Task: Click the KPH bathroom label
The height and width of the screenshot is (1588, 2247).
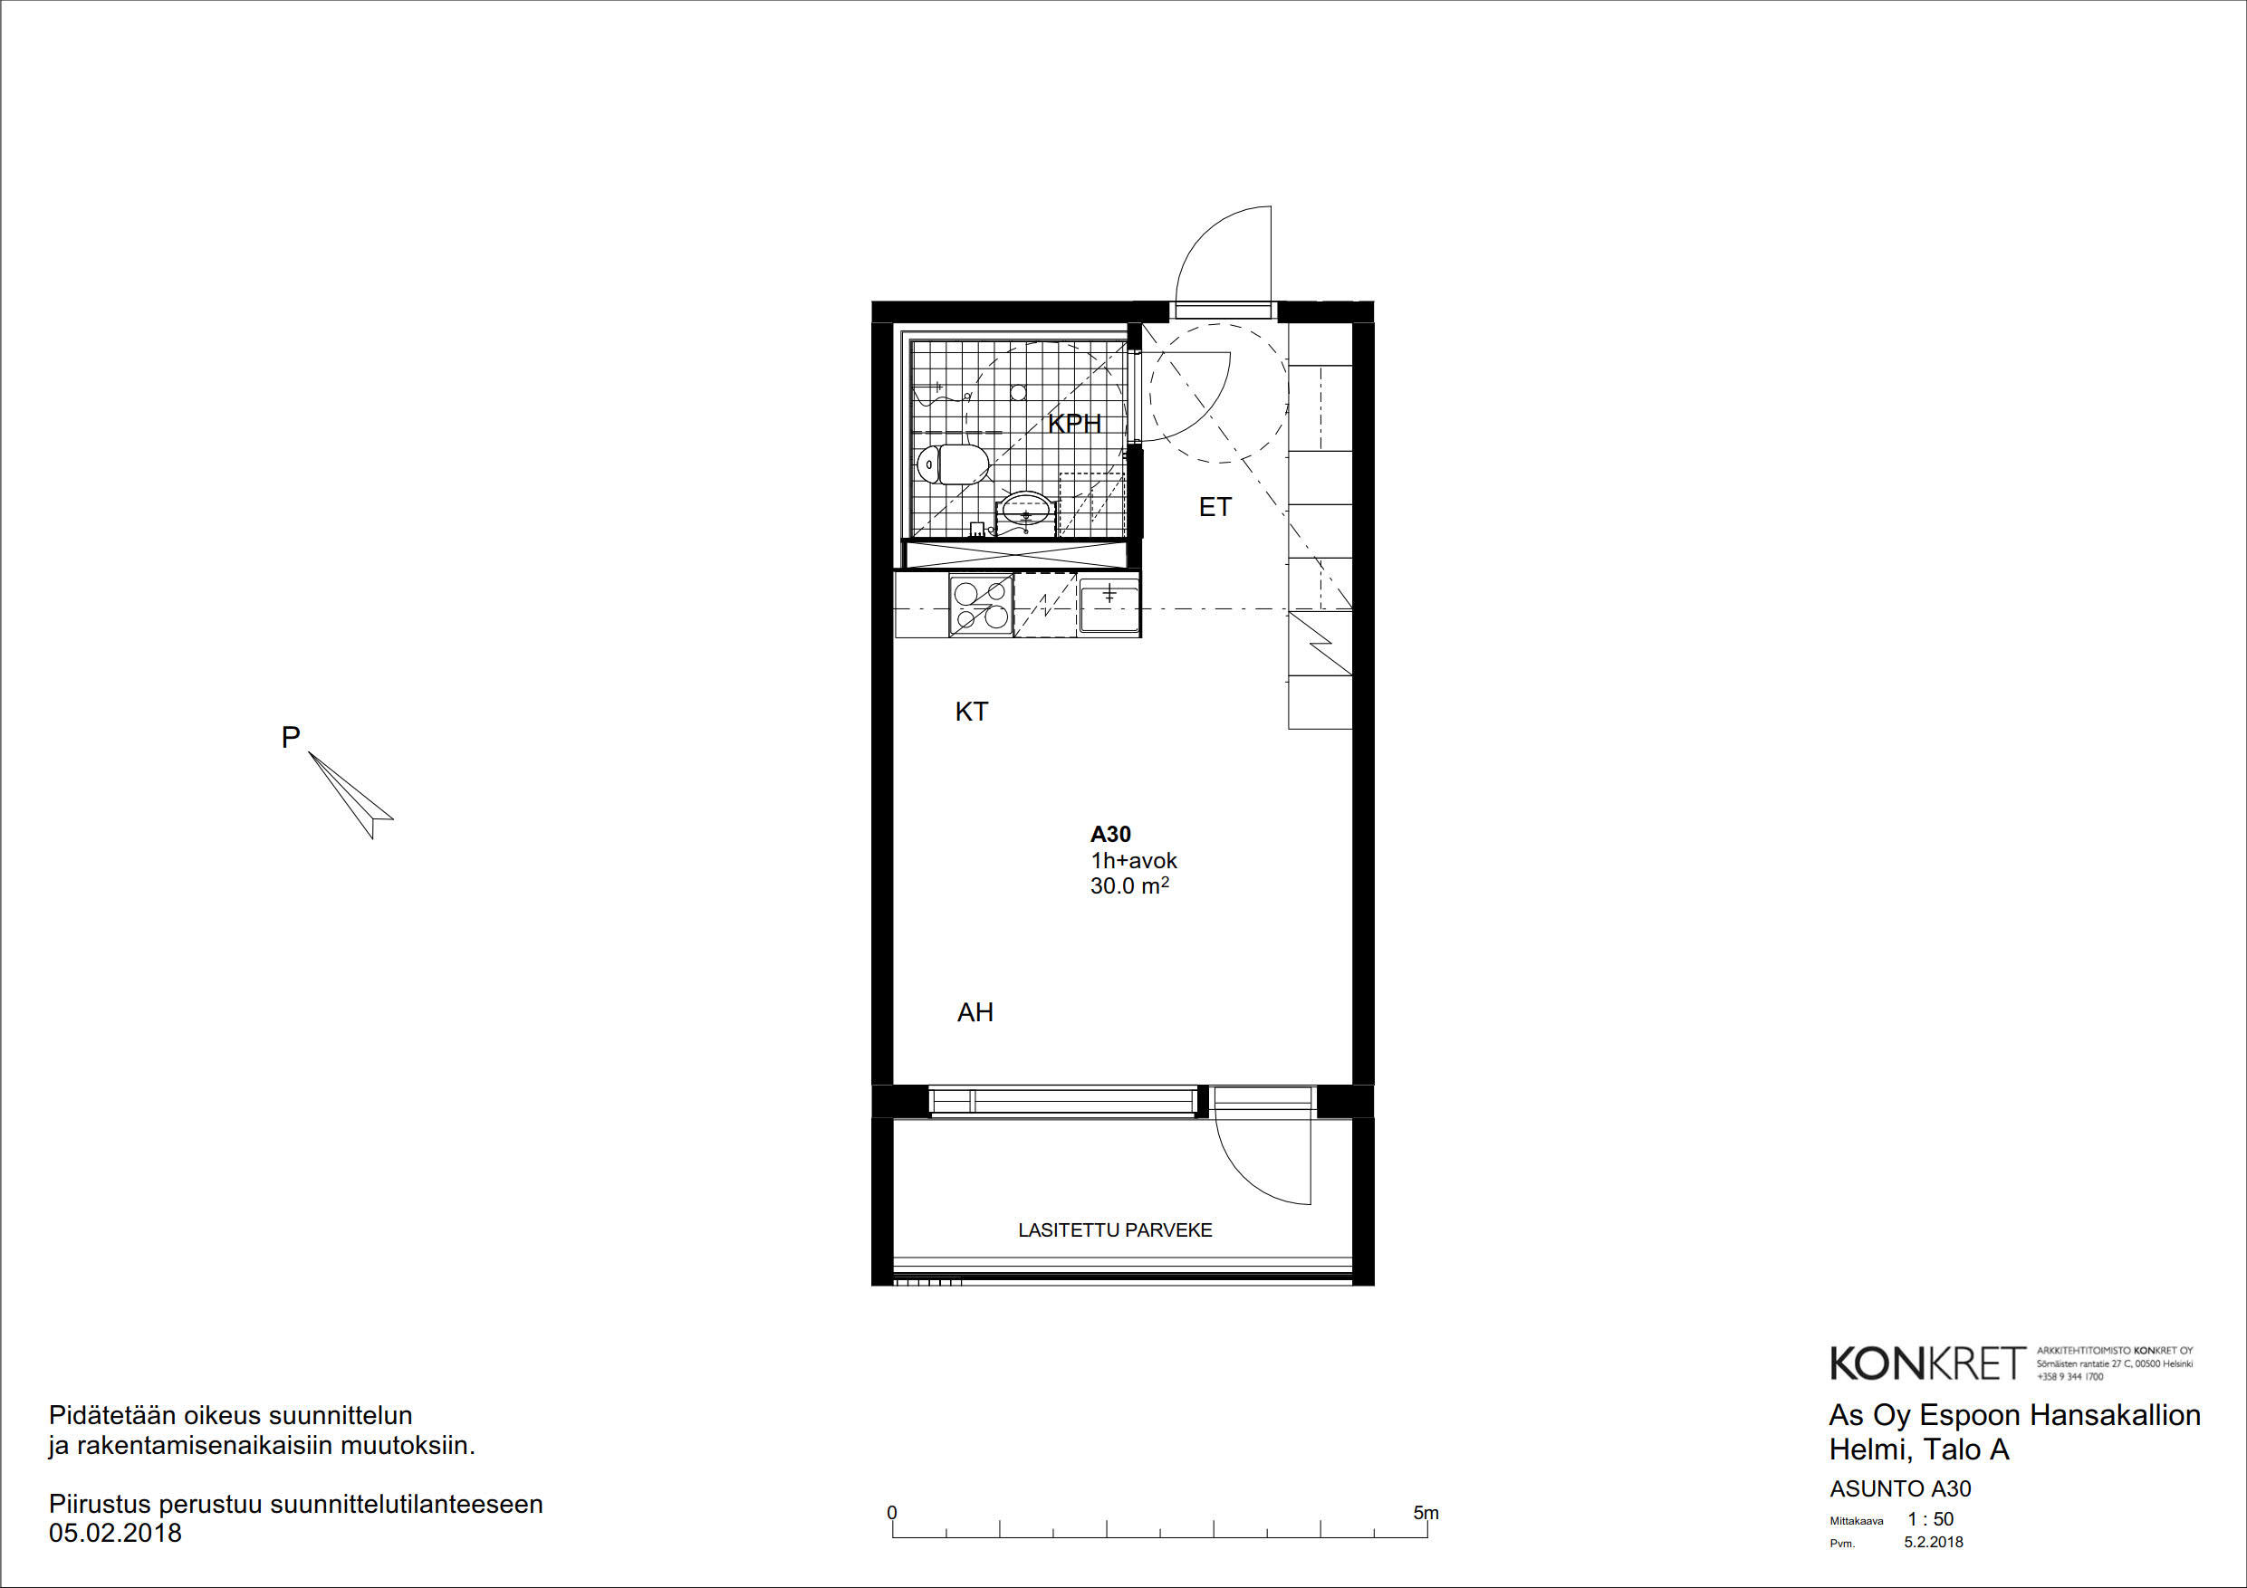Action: pyautogui.click(x=1074, y=424)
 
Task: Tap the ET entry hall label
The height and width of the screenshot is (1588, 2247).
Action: pyautogui.click(x=1215, y=507)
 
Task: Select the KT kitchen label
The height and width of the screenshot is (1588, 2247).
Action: pyautogui.click(x=972, y=712)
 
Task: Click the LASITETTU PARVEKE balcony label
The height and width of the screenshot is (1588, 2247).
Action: pyautogui.click(x=1115, y=1229)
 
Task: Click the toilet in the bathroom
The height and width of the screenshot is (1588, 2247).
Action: pyautogui.click(x=951, y=464)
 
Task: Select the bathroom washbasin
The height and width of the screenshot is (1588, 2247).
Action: pyautogui.click(x=1024, y=512)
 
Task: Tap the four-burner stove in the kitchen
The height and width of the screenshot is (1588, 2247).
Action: pyautogui.click(x=982, y=606)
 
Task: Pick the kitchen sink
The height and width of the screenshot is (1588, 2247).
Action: pyautogui.click(x=1109, y=606)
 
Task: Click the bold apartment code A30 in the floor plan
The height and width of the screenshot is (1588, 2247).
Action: pyautogui.click(x=1110, y=835)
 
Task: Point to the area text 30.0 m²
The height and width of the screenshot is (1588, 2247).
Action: pyautogui.click(x=1129, y=885)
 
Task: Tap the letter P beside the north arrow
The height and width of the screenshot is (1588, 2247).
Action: pyautogui.click(x=291, y=737)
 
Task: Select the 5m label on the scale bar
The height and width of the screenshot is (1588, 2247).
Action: pyautogui.click(x=1426, y=1513)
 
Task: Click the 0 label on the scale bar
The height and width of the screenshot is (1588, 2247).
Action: pyautogui.click(x=891, y=1513)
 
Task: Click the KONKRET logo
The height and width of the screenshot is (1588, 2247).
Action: pyautogui.click(x=1927, y=1363)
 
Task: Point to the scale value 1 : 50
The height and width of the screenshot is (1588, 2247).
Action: pyautogui.click(x=1931, y=1519)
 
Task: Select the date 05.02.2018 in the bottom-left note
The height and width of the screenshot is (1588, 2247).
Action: pyautogui.click(x=116, y=1532)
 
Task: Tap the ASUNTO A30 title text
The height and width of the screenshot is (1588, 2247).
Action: pyautogui.click(x=1900, y=1489)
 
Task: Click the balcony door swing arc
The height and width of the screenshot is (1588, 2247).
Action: pyautogui.click(x=1243, y=1178)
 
